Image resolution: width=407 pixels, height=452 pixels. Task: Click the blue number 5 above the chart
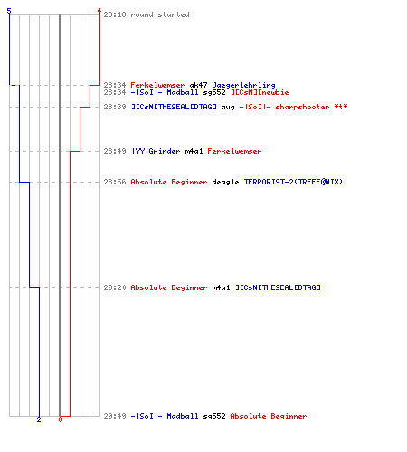[9, 11]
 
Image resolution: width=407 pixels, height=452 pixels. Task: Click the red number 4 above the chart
[99, 11]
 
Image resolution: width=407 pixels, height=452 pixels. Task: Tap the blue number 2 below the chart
[39, 419]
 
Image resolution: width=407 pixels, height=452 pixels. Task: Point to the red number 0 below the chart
[60, 419]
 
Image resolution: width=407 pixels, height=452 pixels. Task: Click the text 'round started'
[160, 14]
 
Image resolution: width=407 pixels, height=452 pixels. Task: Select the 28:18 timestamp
[115, 14]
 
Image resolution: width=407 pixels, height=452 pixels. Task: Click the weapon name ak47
[198, 85]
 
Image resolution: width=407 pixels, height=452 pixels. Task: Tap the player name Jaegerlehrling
[243, 86]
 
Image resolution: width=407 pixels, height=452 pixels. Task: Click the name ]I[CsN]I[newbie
[260, 92]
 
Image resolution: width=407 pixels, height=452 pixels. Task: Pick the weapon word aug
[228, 108]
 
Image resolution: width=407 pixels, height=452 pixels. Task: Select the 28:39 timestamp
[115, 107]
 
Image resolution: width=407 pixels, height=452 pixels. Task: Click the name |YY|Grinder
[156, 151]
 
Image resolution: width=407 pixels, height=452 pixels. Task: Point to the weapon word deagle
[225, 183]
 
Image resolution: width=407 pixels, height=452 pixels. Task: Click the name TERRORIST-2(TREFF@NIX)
[293, 182]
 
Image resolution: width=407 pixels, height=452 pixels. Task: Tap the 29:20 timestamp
[115, 287]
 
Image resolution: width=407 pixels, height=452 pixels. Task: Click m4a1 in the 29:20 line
[221, 287]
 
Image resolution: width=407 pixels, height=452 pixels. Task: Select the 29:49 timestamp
[115, 416]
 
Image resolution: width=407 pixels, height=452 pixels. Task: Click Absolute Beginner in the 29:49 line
[269, 417]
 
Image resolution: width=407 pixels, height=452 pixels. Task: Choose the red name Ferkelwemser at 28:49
[234, 151]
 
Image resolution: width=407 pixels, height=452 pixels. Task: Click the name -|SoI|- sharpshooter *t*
[293, 108]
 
